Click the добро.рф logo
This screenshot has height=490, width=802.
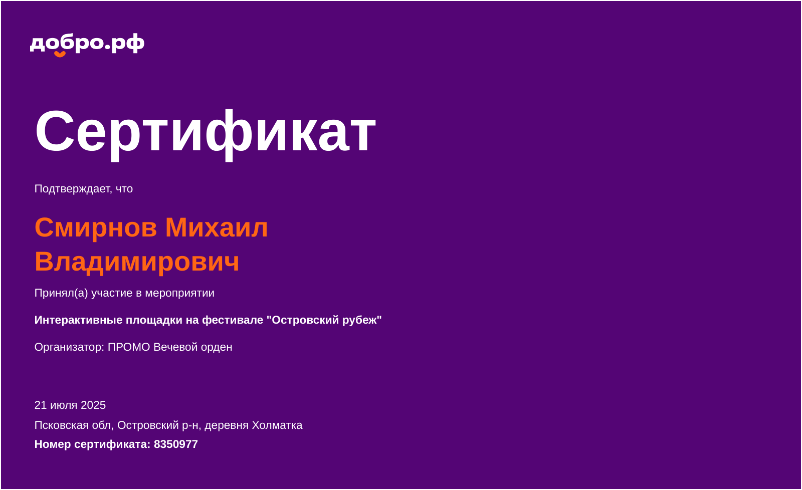point(87,44)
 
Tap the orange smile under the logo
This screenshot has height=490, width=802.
point(60,54)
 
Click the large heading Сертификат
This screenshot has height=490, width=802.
point(205,131)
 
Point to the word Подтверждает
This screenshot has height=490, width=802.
point(72,189)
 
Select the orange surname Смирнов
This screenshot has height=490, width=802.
point(96,227)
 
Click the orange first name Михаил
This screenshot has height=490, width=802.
point(217,227)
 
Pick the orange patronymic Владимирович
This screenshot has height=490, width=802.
point(137,262)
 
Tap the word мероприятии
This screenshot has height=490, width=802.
point(179,293)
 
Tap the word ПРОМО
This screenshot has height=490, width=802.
point(129,347)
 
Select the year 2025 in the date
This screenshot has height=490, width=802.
point(93,405)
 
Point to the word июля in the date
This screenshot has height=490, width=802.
point(64,405)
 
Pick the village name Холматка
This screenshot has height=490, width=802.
point(277,425)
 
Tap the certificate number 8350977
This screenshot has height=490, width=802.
point(176,444)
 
